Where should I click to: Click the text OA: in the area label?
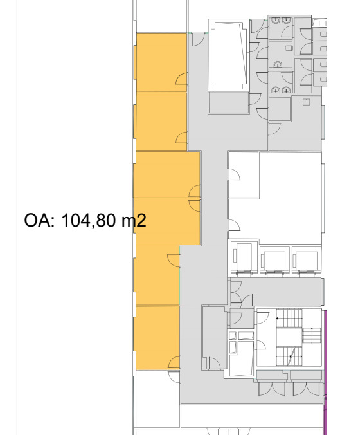click(x=39, y=220)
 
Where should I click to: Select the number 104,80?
click(x=89, y=221)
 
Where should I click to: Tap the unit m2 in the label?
click(x=134, y=221)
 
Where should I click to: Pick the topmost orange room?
click(x=161, y=62)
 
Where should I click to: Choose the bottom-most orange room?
click(x=157, y=338)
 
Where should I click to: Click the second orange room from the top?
click(x=161, y=122)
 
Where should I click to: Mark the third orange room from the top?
click(x=168, y=174)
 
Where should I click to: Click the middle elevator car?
click(x=274, y=260)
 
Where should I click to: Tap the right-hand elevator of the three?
click(x=306, y=260)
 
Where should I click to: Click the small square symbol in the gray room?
click(x=306, y=102)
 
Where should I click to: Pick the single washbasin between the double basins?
click(x=278, y=64)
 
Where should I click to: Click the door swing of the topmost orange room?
click(x=181, y=79)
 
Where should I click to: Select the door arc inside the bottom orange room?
click(x=174, y=362)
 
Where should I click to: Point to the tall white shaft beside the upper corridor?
click(x=229, y=55)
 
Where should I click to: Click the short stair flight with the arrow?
click(x=312, y=335)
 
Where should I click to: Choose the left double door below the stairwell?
click(x=272, y=389)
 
